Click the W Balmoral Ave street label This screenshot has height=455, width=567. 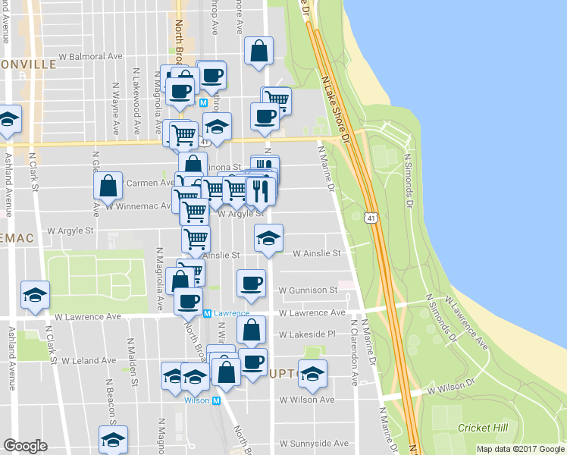coord(91,57)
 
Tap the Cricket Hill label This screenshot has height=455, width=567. coord(482,428)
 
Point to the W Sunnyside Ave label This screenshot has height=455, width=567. coord(314,444)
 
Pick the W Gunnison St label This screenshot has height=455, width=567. coord(308,290)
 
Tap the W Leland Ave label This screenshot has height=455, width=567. coord(89,361)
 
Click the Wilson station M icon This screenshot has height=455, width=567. coord(216,400)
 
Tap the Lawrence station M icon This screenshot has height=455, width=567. coord(207,312)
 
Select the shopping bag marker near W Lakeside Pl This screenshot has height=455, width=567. coord(251,329)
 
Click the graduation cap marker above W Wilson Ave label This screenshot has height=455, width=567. coord(312,372)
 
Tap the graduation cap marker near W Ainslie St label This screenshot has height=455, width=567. coord(268,237)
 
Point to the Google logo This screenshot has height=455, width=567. coord(25,446)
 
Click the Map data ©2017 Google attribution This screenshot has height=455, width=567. coord(519,449)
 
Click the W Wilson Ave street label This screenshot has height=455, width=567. coord(307,400)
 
